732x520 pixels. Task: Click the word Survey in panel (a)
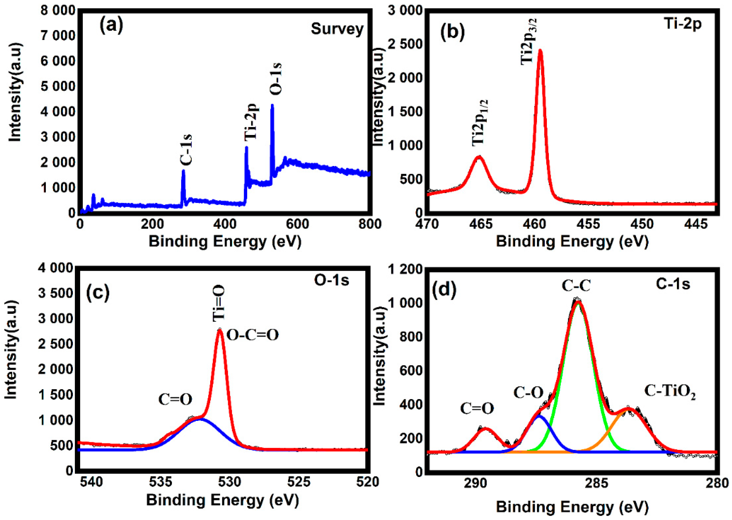(337, 29)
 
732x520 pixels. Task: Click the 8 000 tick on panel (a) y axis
(58, 11)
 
